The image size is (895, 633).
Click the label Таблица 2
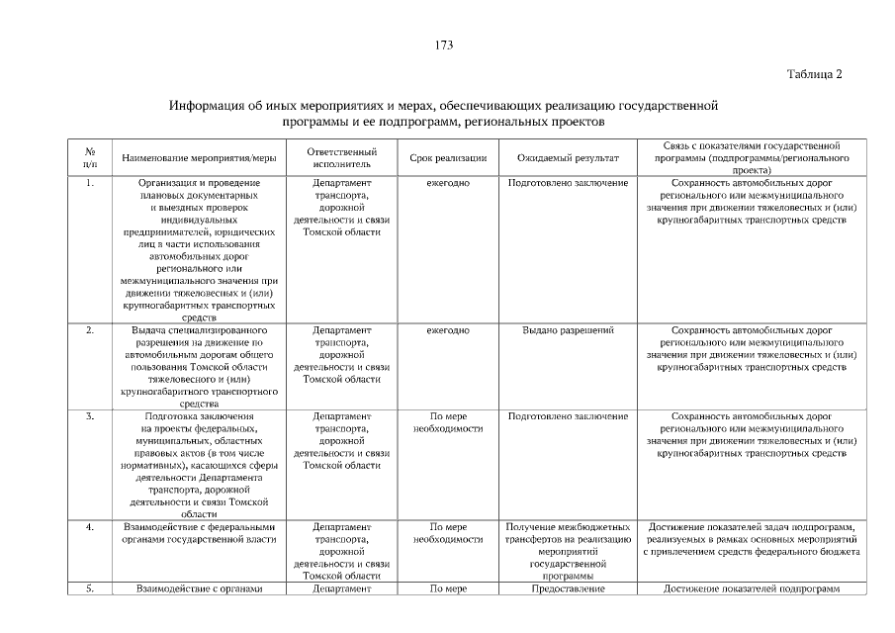pos(814,74)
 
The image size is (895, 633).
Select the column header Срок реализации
pos(447,157)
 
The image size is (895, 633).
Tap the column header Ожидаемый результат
pos(568,157)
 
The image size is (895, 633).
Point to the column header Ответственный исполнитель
pos(342,157)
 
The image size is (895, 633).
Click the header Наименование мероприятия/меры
pos(199,157)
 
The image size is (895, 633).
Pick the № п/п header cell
pos(90,157)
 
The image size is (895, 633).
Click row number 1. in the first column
pos(90,184)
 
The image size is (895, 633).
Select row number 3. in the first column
pos(90,416)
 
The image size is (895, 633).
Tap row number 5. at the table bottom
pos(90,589)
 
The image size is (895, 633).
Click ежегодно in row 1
pos(447,184)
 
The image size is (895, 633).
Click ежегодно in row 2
pos(447,330)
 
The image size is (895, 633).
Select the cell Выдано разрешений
pos(568,330)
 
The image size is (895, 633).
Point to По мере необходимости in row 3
pos(447,422)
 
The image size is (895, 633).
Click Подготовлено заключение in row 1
pos(568,184)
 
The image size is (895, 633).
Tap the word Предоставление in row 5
pos(568,589)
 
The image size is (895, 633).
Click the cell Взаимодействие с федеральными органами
pos(199,533)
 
